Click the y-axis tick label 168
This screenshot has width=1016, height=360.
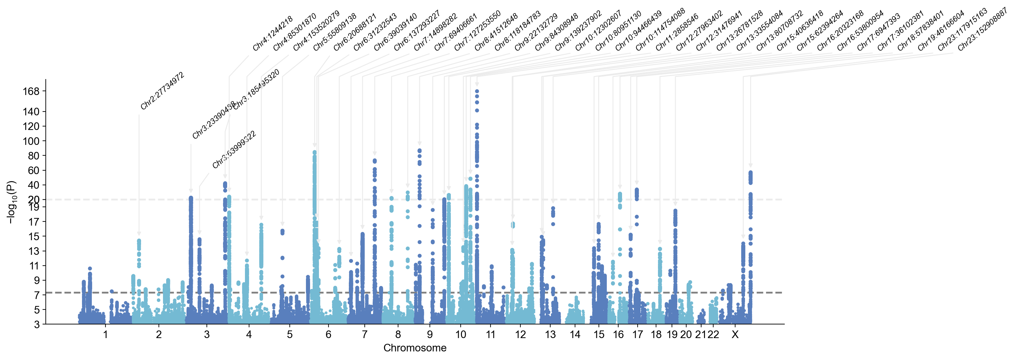(x=31, y=92)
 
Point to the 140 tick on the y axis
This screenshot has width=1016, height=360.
(x=31, y=112)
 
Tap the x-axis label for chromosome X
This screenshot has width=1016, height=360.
(x=735, y=335)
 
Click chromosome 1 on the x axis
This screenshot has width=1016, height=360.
(x=105, y=335)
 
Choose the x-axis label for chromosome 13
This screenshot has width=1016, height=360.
(x=550, y=335)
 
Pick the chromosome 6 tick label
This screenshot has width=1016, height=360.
(x=328, y=335)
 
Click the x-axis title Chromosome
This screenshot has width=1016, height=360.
(x=415, y=348)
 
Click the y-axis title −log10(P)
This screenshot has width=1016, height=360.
(x=12, y=202)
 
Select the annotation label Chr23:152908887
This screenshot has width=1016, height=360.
(x=982, y=29)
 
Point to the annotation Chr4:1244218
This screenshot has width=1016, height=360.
(x=273, y=33)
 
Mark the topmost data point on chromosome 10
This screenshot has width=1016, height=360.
(x=477, y=91)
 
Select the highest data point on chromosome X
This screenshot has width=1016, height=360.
(x=750, y=172)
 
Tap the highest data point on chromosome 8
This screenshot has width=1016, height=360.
(x=420, y=151)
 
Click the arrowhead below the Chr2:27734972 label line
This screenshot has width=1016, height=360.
(x=139, y=234)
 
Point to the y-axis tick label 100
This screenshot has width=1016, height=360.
(x=31, y=141)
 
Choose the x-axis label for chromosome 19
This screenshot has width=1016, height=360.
(x=672, y=335)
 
